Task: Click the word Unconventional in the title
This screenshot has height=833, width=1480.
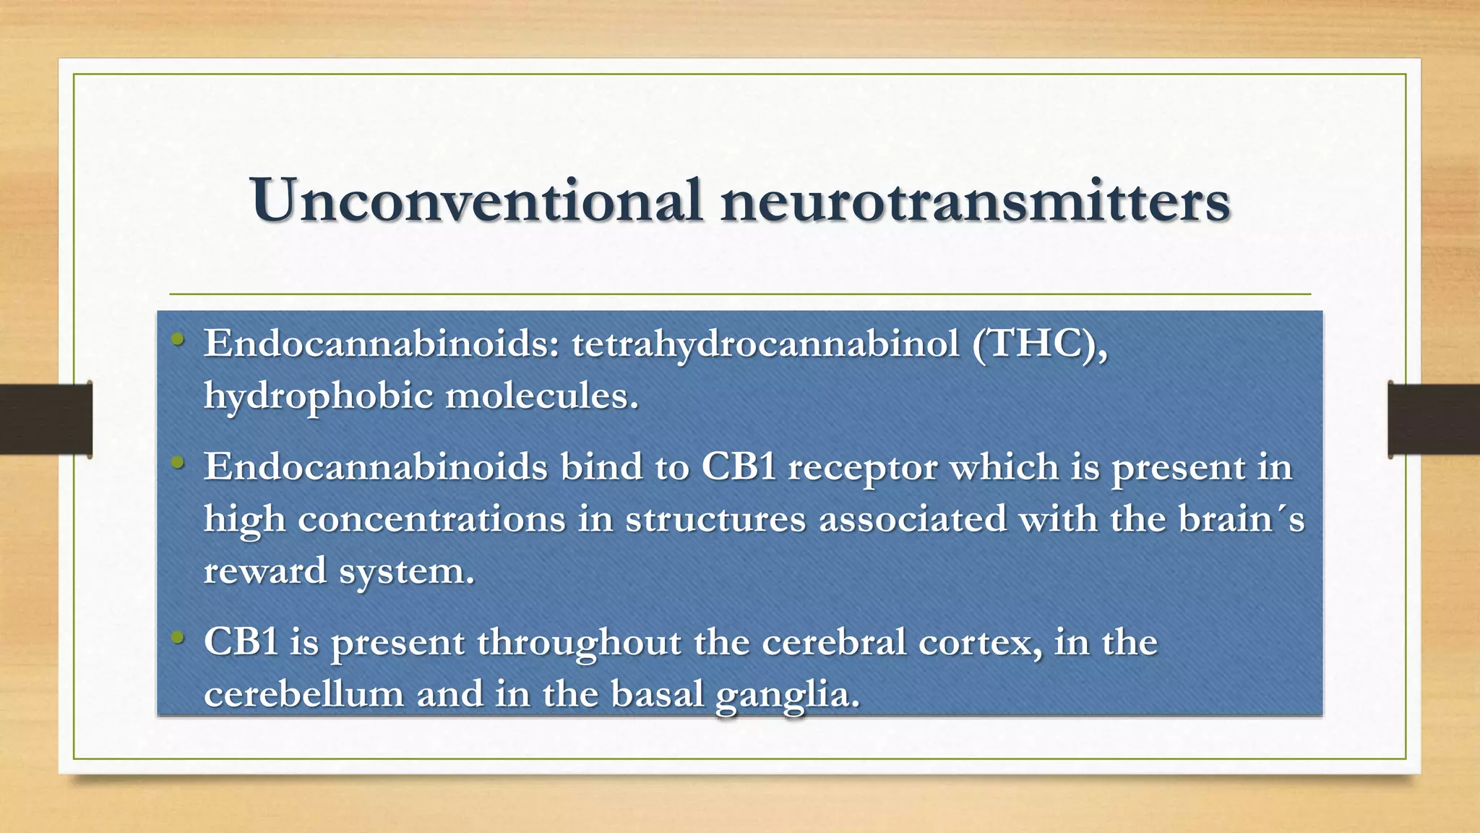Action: click(x=476, y=200)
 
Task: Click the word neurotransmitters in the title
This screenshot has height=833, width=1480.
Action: click(x=975, y=200)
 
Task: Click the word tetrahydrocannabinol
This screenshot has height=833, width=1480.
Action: click(x=765, y=343)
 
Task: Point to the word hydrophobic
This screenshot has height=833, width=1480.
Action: click(x=318, y=396)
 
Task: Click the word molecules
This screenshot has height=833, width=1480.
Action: click(x=541, y=395)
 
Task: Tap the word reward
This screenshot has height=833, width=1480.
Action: click(x=265, y=571)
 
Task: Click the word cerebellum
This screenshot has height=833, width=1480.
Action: click(x=304, y=694)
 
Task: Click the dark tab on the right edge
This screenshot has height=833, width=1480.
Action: click(x=1434, y=419)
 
